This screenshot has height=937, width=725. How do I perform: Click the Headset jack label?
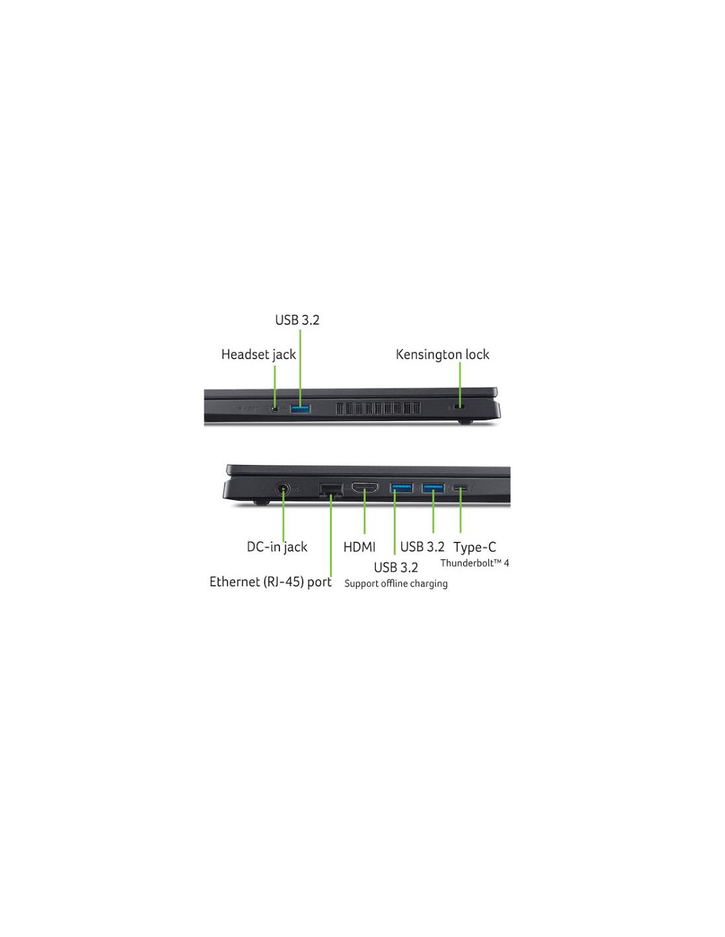click(x=258, y=355)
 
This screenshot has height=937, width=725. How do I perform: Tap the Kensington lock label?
click(x=442, y=355)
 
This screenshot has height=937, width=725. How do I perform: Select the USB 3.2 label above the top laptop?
click(x=297, y=320)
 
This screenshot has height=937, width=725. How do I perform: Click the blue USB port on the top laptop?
click(x=301, y=408)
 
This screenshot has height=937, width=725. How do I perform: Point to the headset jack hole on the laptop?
click(x=275, y=408)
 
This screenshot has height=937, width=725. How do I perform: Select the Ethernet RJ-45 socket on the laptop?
click(x=331, y=491)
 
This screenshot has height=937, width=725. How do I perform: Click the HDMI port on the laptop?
click(x=365, y=488)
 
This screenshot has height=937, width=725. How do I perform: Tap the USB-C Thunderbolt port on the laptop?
click(x=461, y=488)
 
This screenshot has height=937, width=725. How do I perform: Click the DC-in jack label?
click(x=277, y=547)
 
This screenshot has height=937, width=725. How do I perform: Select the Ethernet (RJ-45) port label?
click(x=270, y=582)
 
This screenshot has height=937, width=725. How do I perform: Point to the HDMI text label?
click(x=359, y=547)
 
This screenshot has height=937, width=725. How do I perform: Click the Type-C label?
click(x=475, y=547)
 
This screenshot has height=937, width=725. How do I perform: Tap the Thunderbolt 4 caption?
click(x=475, y=563)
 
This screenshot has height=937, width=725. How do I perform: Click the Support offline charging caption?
click(x=396, y=584)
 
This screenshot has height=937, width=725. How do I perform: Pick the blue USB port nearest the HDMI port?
click(x=401, y=488)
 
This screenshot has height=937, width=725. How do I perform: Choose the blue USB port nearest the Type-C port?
click(x=433, y=488)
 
